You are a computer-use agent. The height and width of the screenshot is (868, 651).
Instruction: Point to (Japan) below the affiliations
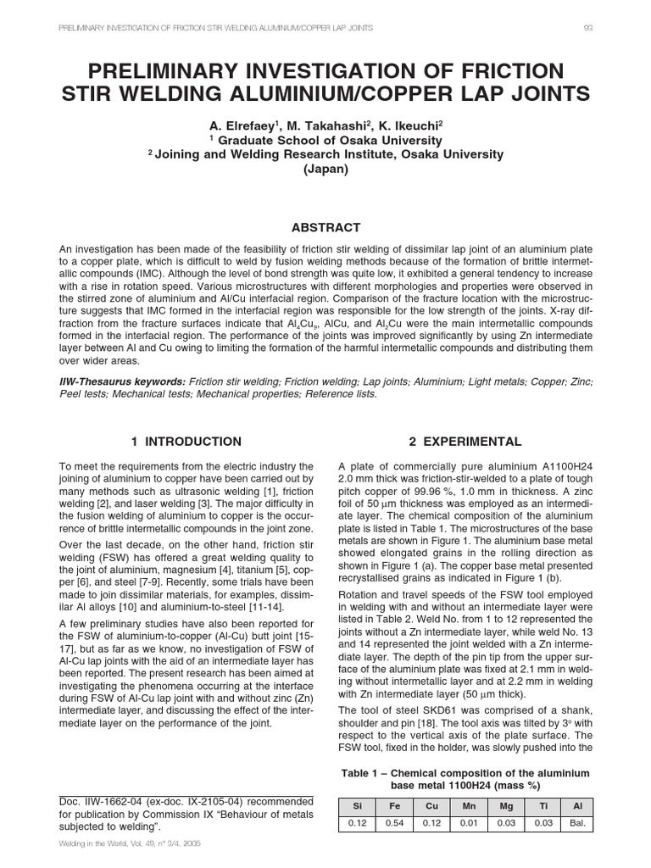point(325,169)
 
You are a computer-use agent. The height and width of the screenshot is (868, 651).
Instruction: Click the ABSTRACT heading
point(325,227)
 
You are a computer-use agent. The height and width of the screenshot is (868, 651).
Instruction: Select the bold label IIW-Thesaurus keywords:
point(121,382)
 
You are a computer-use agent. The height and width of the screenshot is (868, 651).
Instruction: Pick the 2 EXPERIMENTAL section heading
point(465,442)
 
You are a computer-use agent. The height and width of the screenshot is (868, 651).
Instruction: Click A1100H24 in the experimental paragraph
point(565,466)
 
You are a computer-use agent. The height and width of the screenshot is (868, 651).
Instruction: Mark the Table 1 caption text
point(465,779)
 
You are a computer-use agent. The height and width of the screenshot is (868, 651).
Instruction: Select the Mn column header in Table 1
point(467,807)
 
